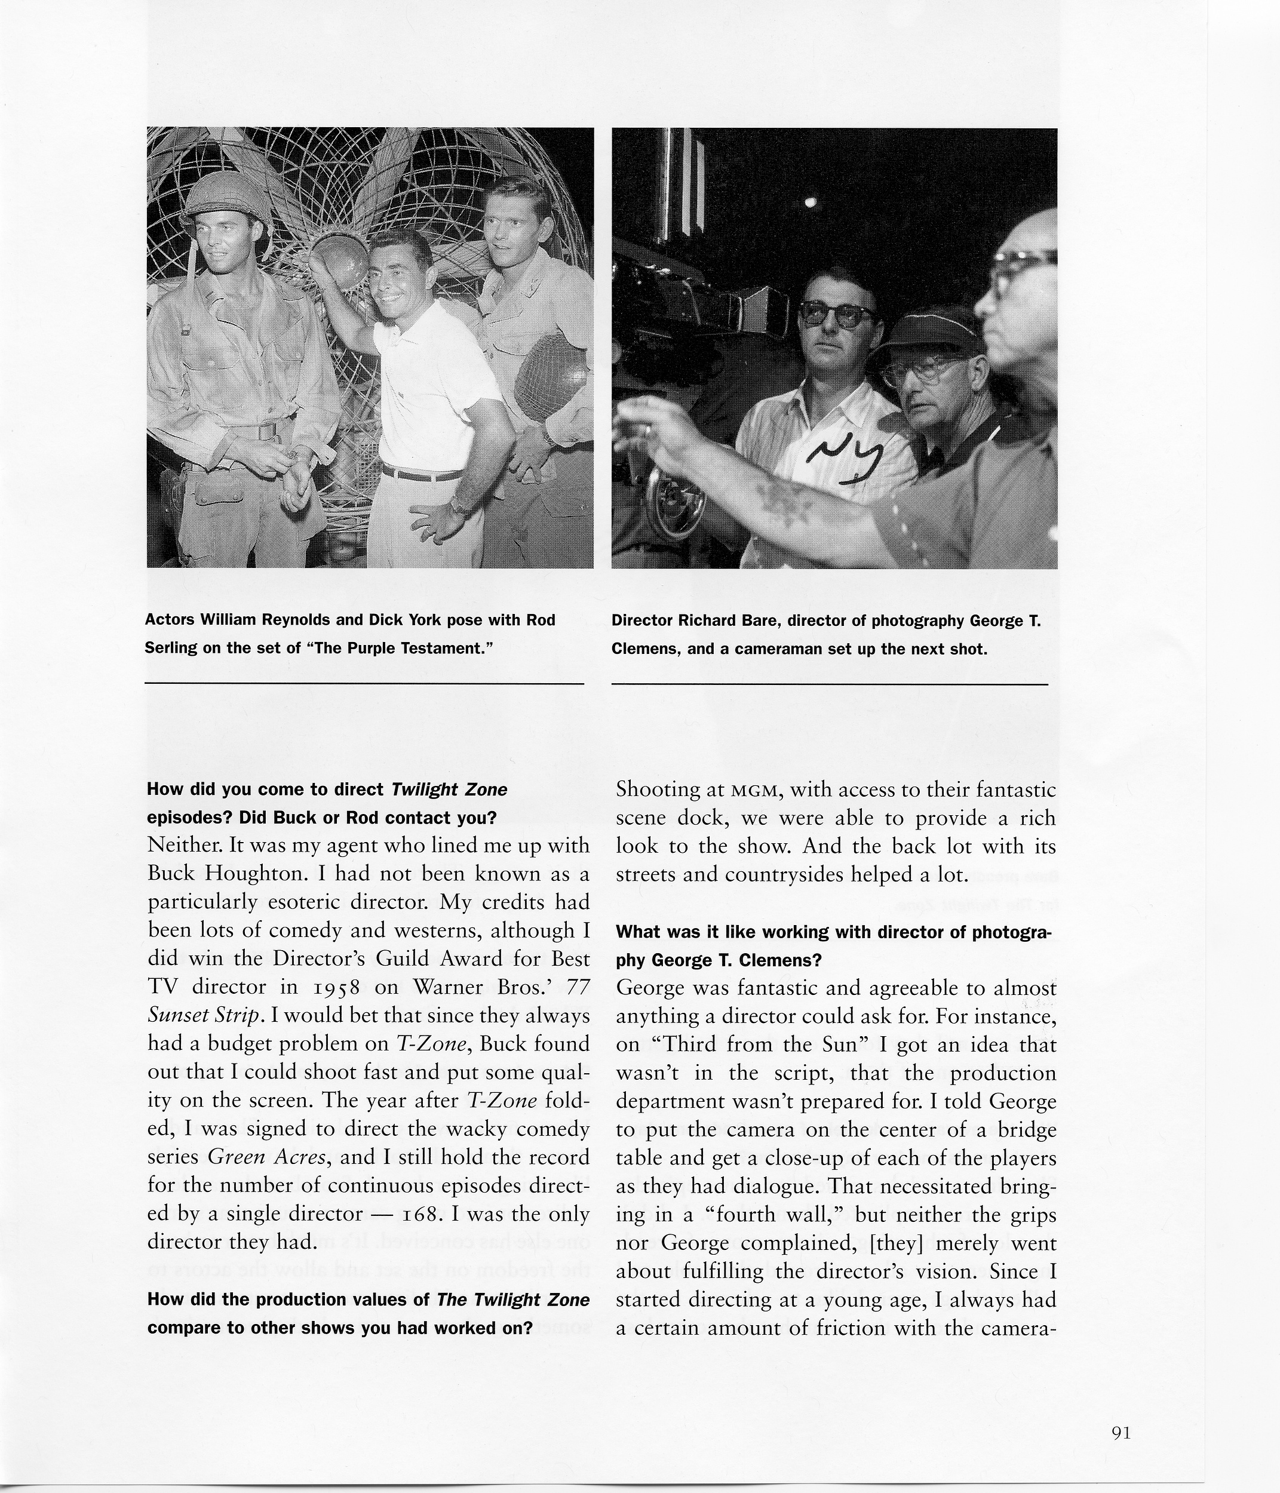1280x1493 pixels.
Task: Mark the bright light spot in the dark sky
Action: [x=811, y=202]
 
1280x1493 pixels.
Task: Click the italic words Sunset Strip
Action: [x=202, y=1016]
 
